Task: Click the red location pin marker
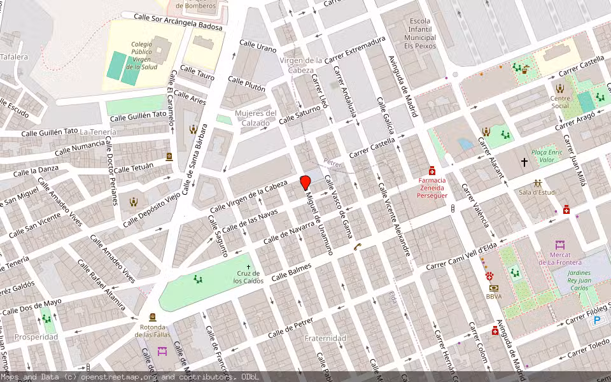[x=305, y=181]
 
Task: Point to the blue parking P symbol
[x=597, y=322]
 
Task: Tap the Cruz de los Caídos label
[x=248, y=278]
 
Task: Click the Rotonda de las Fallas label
[x=153, y=330]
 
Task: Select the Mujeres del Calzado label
[x=256, y=118]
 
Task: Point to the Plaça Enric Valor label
[x=547, y=156]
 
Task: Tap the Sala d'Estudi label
[x=538, y=192]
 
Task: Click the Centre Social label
[x=560, y=103]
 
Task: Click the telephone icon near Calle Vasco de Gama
[x=358, y=247]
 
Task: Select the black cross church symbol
[x=525, y=162]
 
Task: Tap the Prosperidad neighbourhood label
[x=36, y=337]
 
